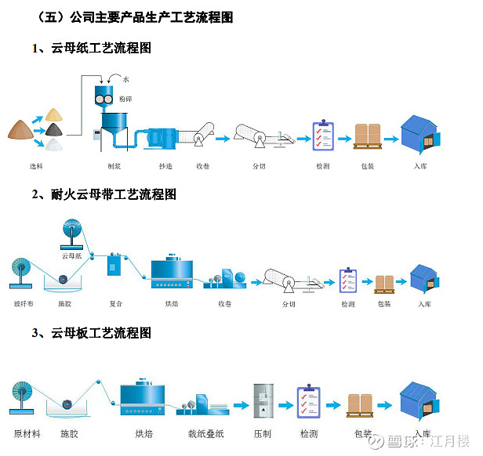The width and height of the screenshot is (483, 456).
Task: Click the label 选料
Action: point(35,166)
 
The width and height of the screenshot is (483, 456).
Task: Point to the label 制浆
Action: point(114,166)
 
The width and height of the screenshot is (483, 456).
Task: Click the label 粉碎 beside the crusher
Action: point(125,100)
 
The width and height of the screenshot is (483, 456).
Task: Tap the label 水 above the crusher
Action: point(125,79)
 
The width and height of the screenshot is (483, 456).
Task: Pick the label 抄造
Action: point(165,166)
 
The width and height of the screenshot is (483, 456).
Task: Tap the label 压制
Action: point(262,433)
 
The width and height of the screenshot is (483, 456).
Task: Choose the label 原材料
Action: point(27,433)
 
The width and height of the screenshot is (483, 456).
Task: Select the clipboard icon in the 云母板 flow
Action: point(308,402)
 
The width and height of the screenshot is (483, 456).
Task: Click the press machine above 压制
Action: point(263,401)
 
